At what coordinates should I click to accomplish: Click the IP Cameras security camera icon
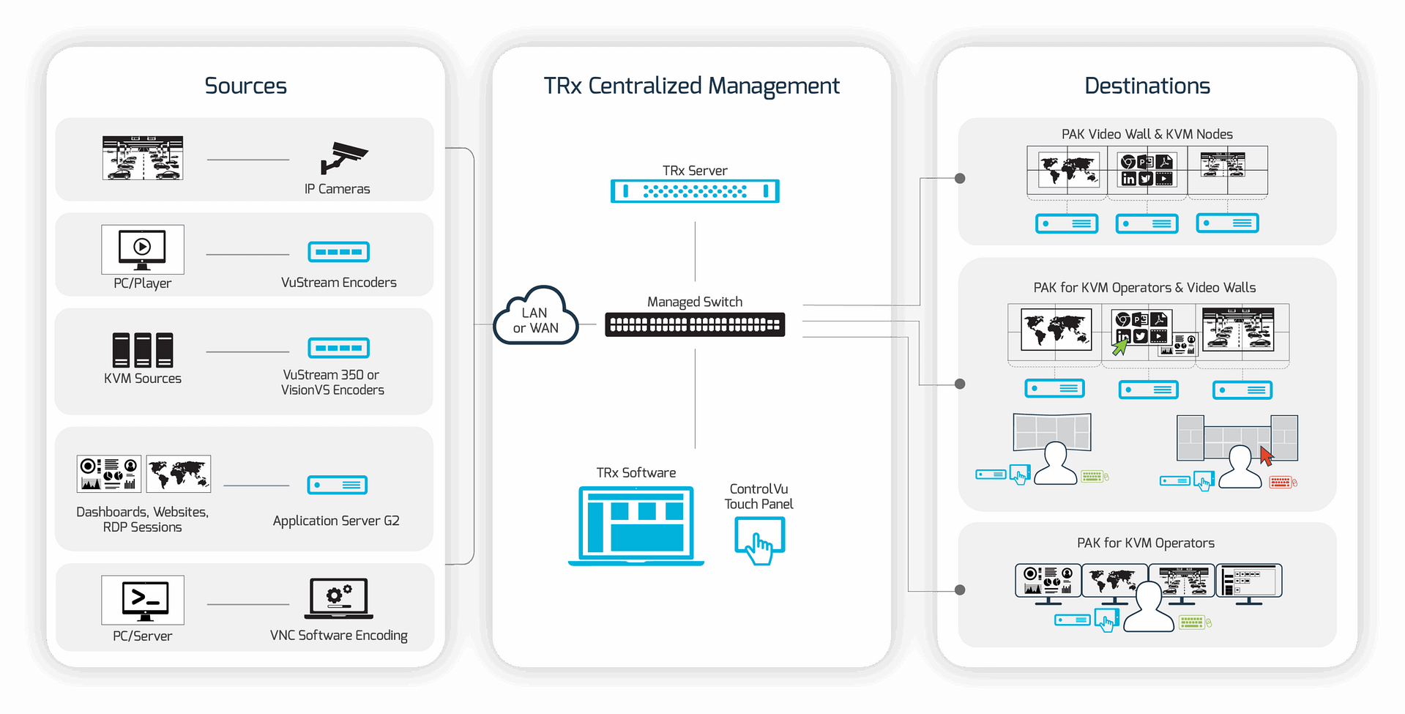[343, 157]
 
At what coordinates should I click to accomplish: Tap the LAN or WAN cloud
[536, 316]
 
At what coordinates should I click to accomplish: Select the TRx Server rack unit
[695, 191]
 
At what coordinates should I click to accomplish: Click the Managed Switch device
[695, 324]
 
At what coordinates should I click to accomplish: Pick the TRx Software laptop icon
[636, 526]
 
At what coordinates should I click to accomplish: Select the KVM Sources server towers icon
[143, 350]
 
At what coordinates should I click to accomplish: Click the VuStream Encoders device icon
[339, 252]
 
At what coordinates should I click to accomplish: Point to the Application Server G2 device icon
[338, 485]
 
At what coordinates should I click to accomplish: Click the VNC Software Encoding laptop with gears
[339, 598]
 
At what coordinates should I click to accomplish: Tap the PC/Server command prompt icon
[143, 600]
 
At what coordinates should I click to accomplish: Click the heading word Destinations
[1147, 86]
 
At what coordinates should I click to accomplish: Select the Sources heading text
[246, 86]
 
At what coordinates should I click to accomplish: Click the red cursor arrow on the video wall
[1267, 455]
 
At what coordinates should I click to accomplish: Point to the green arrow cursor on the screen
[1119, 346]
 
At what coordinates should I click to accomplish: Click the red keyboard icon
[1282, 482]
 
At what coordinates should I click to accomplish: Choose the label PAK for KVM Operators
[1146, 543]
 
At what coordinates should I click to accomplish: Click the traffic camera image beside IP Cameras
[143, 157]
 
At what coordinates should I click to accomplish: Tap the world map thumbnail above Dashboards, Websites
[179, 474]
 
